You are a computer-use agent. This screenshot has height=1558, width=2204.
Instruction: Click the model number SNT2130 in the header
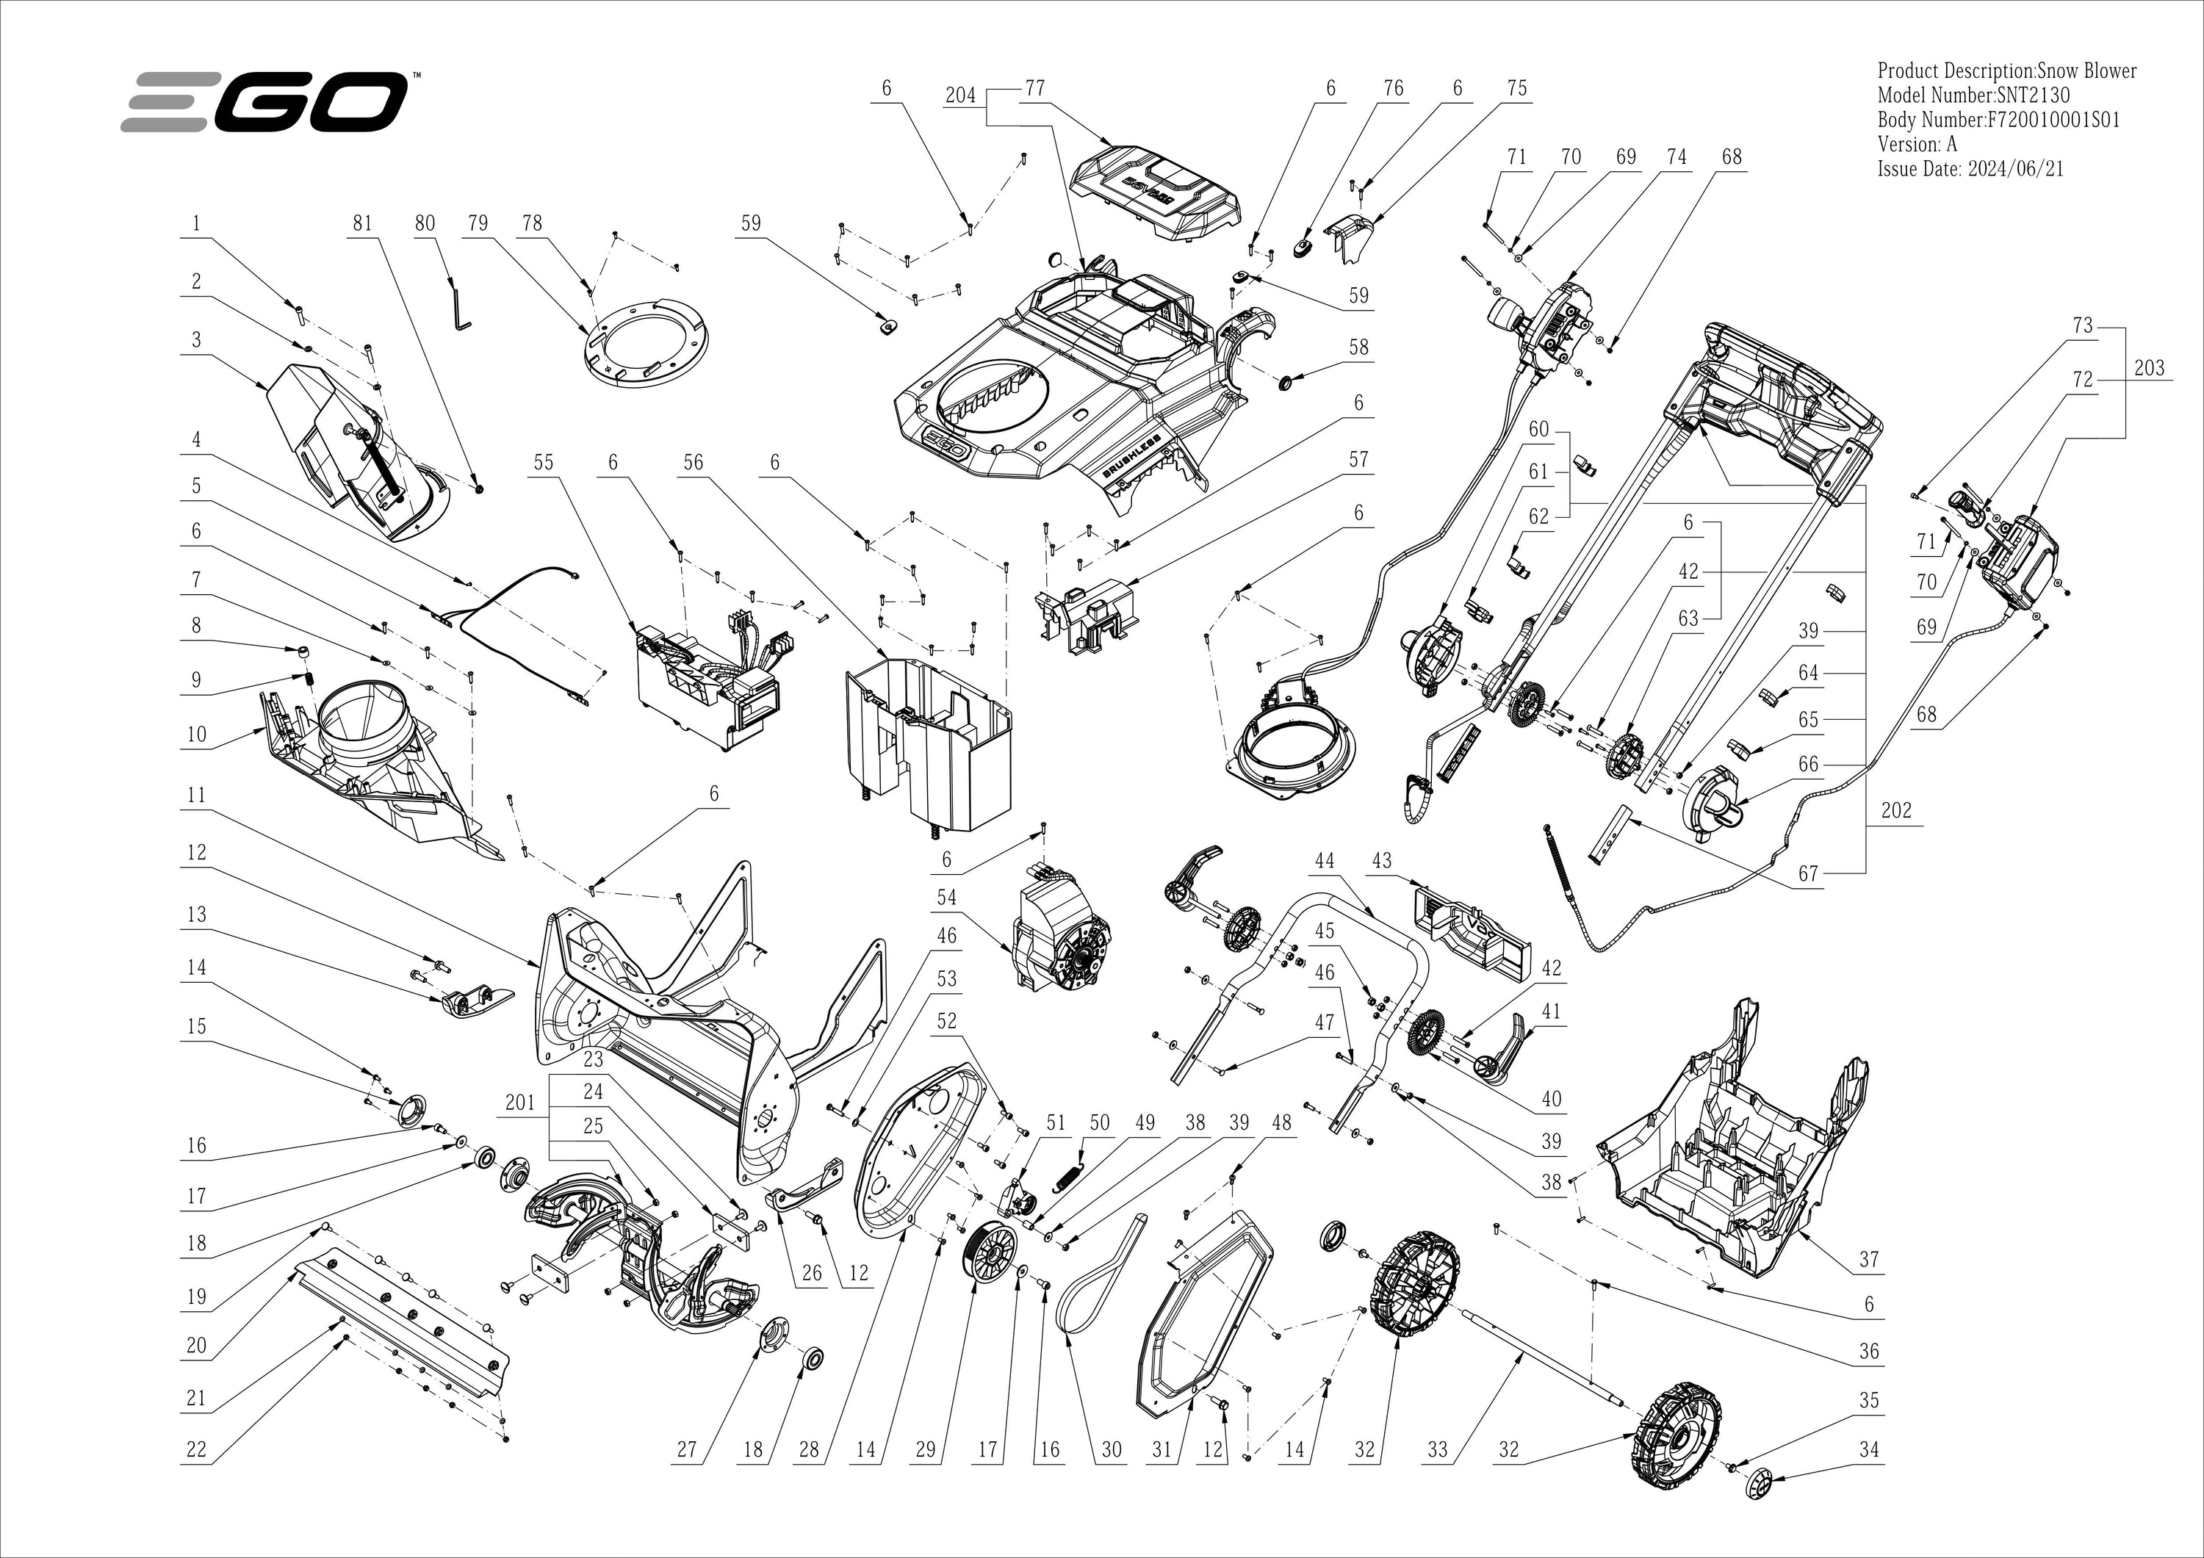(x=2025, y=96)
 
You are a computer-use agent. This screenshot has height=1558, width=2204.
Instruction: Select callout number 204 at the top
(x=960, y=95)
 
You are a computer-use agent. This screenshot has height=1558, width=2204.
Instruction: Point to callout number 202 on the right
(x=1896, y=810)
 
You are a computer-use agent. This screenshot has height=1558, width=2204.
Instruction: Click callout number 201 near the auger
(x=519, y=1102)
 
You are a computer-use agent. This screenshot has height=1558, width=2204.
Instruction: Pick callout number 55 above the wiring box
(x=544, y=463)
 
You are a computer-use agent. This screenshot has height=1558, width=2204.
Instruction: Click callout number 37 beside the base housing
(x=1868, y=1258)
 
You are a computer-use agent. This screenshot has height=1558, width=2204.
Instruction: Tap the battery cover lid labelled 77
(x=1156, y=192)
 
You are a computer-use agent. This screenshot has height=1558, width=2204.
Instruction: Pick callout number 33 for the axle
(x=1436, y=1449)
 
